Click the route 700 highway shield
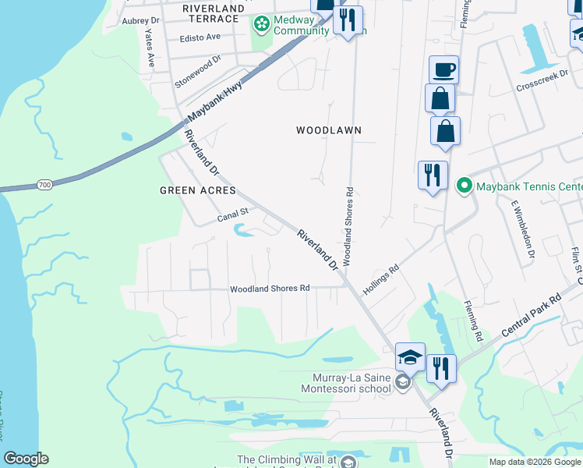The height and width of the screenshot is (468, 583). tap(45, 185)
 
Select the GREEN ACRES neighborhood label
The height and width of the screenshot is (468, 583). tap(197, 190)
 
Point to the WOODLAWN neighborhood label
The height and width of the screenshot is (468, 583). tap(329, 130)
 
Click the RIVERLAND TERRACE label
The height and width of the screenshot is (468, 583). tap(210, 12)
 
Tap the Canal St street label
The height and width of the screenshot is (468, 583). tap(232, 212)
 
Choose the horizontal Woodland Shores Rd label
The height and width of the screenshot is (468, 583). tap(270, 289)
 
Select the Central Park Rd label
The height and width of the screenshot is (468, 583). tap(532, 315)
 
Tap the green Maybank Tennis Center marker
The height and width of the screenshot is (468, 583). tap(465, 186)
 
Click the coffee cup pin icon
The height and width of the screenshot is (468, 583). tap(443, 69)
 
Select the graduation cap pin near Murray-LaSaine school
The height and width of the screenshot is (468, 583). tap(410, 356)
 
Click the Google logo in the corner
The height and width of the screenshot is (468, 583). tap(26, 459)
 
